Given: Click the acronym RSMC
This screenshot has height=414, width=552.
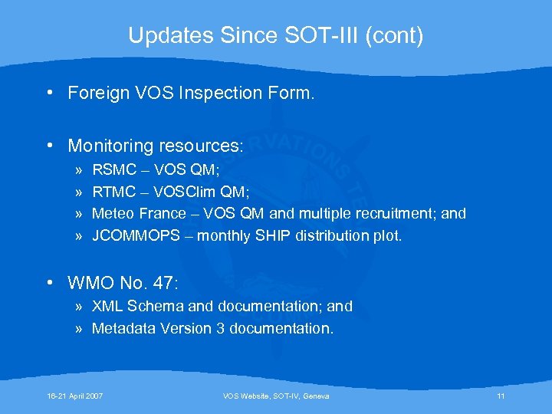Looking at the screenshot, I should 113,169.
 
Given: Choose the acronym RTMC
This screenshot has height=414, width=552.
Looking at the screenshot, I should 113,191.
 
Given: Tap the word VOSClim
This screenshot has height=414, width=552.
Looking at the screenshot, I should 185,191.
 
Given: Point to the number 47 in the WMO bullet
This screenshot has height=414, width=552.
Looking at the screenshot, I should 163,283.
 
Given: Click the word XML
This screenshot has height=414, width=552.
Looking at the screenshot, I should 108,306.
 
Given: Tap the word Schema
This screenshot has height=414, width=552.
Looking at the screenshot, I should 156,306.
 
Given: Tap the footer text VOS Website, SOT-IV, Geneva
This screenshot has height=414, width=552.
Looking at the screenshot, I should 275,396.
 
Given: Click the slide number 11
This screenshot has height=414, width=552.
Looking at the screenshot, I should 501,396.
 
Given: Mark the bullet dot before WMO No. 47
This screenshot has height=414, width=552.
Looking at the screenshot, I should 49,283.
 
